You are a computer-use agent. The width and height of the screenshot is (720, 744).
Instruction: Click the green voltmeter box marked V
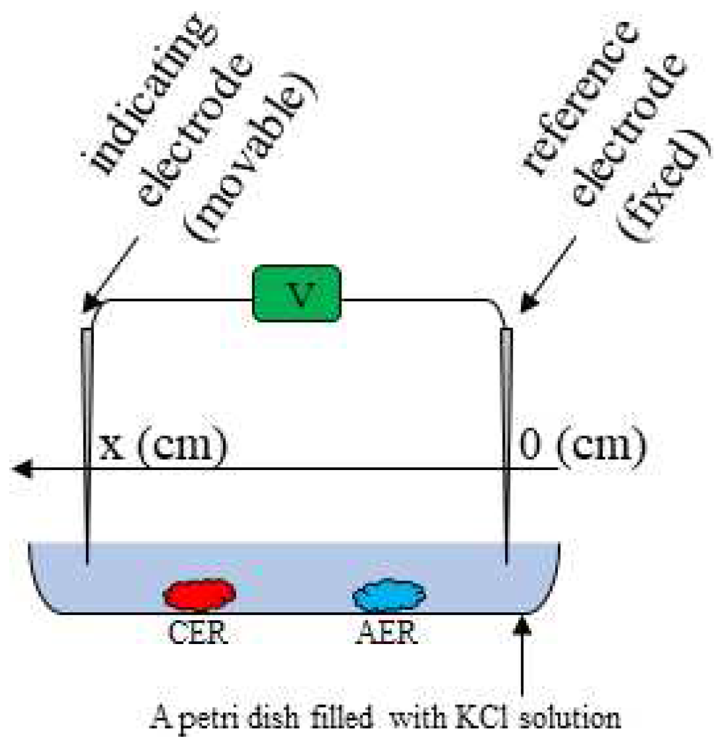(x=298, y=293)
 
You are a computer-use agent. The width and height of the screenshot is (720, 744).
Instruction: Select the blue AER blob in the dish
(x=389, y=595)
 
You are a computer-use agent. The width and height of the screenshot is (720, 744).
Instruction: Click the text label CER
(x=197, y=632)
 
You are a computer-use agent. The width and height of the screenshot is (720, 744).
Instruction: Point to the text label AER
(x=387, y=632)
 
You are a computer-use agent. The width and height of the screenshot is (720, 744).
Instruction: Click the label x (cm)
(x=162, y=444)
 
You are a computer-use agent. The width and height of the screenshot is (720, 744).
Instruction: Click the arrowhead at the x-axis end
(x=21, y=469)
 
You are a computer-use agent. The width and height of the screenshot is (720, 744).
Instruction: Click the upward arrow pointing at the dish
(x=523, y=655)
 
